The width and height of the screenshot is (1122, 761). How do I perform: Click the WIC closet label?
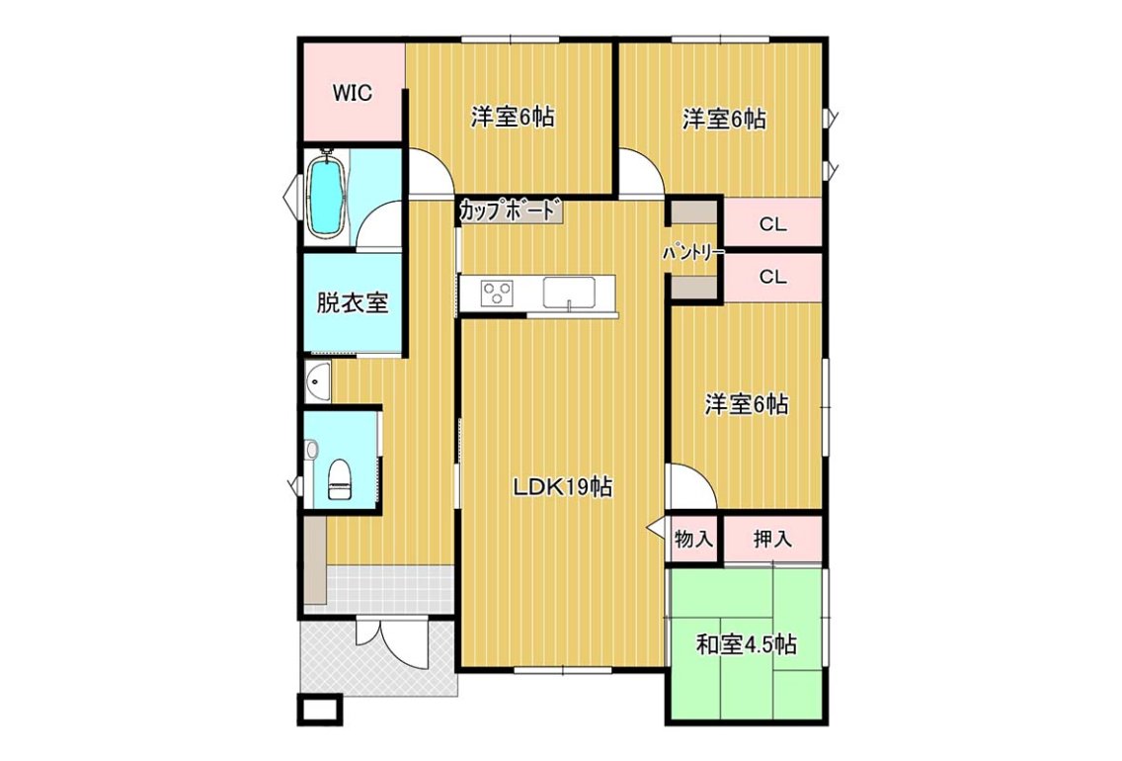coord(352,93)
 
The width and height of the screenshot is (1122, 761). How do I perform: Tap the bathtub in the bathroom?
coord(326,195)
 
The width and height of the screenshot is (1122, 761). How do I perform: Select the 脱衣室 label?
coord(353,302)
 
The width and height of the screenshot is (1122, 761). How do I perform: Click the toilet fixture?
coord(339,479)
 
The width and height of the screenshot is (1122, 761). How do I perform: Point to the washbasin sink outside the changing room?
coord(318,381)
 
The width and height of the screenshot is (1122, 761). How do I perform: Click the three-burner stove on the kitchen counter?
coord(497,293)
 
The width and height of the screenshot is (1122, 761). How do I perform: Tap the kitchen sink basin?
coord(569,293)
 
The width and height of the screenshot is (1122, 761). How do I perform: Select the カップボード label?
coord(508,211)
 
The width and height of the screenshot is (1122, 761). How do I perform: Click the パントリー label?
coord(692,253)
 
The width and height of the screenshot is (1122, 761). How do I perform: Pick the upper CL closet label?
coord(772,224)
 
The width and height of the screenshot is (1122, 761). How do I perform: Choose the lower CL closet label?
coord(772,277)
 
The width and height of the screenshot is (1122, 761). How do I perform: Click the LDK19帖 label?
coord(563,487)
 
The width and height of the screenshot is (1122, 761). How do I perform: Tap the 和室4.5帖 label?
coord(747,645)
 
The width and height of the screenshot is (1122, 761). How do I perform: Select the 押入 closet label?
coord(772,539)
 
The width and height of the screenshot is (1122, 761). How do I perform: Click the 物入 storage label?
coord(693,539)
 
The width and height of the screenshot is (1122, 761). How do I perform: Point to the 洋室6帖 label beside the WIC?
coord(513,117)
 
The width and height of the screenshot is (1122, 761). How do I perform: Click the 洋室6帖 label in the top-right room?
coord(724,119)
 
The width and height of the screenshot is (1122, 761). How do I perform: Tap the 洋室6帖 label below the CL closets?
coord(747,405)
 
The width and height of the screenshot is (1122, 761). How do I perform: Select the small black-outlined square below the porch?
coord(320,710)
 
